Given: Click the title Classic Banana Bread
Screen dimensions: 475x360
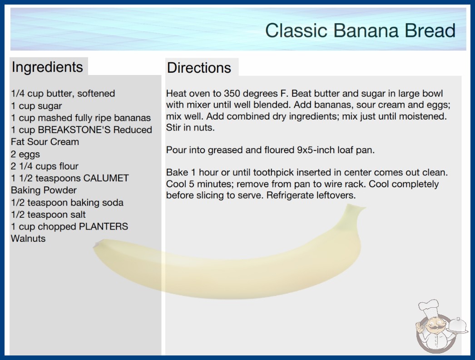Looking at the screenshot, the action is (360, 30).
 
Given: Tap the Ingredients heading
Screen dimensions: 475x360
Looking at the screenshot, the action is (47, 67).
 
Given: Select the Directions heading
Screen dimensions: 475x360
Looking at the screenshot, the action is (199, 68).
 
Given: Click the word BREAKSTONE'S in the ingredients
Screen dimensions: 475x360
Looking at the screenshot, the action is (74, 130).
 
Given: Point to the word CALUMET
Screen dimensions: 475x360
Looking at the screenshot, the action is (106, 178).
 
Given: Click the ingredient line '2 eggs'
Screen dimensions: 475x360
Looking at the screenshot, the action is (25, 155).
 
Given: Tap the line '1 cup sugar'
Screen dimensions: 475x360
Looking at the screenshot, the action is (36, 106).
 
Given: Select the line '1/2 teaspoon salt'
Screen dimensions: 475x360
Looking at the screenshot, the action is (48, 215).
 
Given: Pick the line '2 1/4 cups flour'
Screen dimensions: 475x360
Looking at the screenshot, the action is (45, 166).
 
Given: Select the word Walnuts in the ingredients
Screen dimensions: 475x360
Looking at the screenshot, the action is (28, 239).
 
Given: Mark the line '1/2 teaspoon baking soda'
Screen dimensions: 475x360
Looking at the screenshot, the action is (67, 203).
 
